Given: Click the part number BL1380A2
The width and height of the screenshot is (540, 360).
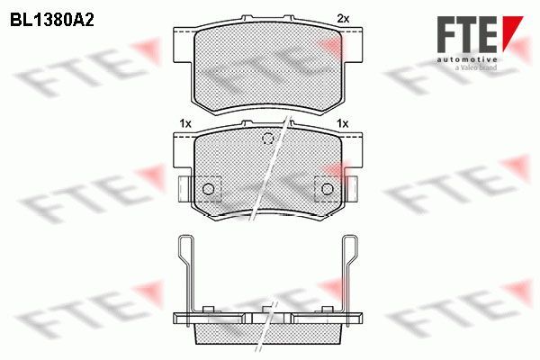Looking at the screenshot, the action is (x=51, y=21).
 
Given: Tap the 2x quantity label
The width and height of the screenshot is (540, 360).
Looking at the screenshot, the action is (x=343, y=19).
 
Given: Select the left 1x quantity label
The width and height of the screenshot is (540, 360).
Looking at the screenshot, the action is (x=185, y=123).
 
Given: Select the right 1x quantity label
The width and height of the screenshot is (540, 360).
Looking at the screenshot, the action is (x=343, y=123).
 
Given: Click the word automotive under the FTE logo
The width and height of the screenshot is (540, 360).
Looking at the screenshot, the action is (x=467, y=59).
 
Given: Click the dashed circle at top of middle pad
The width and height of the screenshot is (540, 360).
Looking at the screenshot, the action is (x=267, y=139).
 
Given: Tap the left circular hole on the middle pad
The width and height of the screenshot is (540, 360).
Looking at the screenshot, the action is (x=209, y=189).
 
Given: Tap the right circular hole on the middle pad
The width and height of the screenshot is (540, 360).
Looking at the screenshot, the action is (x=328, y=189).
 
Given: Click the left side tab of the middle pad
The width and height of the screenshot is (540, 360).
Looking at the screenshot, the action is (x=184, y=189).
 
